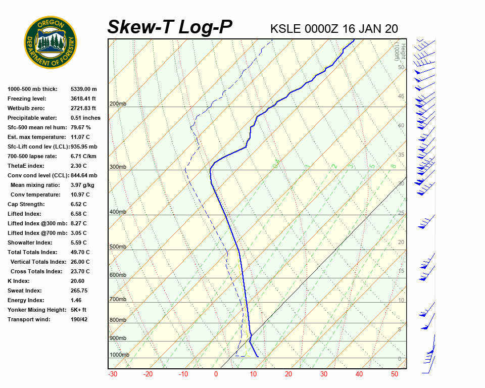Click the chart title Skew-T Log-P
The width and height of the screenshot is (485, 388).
click(170, 27)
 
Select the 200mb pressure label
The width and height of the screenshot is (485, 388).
click(118, 104)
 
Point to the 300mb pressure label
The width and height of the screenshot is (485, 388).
click(118, 167)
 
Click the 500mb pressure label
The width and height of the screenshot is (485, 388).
click(118, 247)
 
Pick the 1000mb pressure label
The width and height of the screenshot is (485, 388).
click(119, 355)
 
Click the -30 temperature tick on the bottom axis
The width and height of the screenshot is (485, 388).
click(113, 374)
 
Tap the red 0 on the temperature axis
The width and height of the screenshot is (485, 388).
click(216, 374)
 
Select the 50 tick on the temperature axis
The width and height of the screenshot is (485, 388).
click(395, 374)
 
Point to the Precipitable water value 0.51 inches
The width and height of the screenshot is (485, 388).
click(85, 118)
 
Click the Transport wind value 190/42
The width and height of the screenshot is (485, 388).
click(79, 319)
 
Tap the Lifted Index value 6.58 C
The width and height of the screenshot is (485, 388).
click(78, 214)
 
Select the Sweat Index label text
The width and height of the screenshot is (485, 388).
click(25, 290)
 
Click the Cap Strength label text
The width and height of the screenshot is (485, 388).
click(26, 204)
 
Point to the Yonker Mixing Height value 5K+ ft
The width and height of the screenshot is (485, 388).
click(78, 310)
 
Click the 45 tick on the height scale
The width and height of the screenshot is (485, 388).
click(401, 96)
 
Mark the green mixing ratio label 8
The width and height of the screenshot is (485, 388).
click(393, 166)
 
